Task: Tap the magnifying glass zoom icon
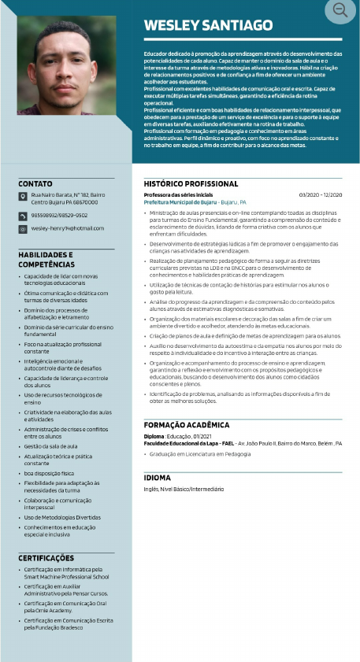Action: click(x=340, y=10)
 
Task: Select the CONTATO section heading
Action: click(x=35, y=183)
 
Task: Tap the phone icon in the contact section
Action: click(x=23, y=215)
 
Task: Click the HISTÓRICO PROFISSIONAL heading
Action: click(x=191, y=183)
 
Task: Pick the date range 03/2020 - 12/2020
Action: click(x=321, y=195)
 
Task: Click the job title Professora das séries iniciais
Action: click(x=178, y=195)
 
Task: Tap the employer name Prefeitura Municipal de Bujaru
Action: click(x=180, y=202)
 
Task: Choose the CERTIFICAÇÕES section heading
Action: click(x=46, y=558)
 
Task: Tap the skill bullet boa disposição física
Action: click(x=49, y=472)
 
